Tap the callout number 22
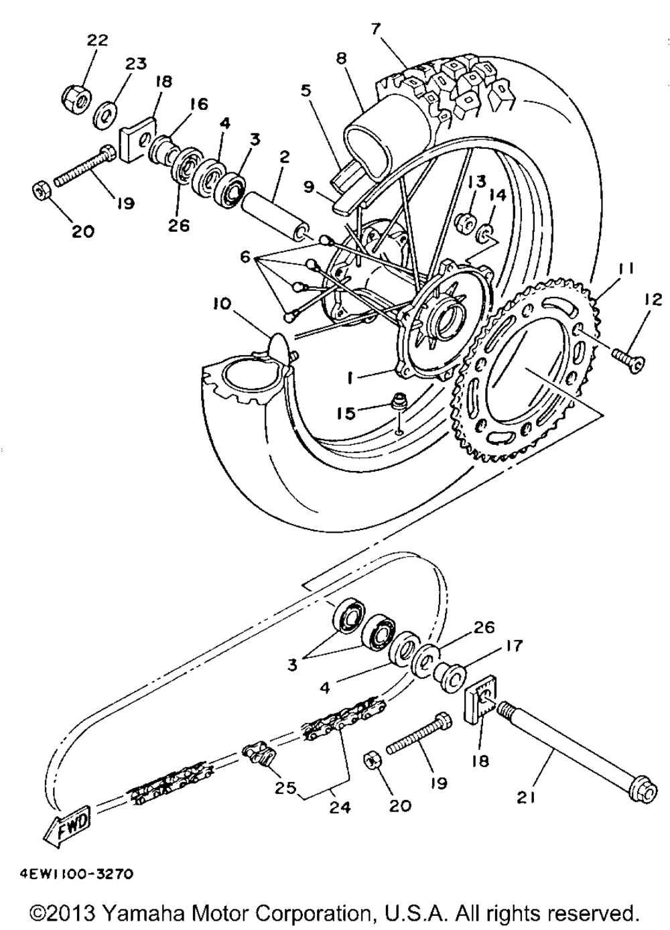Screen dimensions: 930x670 [x=97, y=40]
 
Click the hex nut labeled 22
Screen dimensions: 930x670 [x=78, y=98]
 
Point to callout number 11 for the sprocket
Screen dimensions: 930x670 [x=626, y=269]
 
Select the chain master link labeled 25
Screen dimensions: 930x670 [x=261, y=755]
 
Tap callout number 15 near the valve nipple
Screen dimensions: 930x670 [x=346, y=413]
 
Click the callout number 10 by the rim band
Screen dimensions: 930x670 [x=222, y=304]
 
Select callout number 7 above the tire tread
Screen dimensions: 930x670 [x=375, y=29]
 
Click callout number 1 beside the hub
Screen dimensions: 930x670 [x=349, y=377]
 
